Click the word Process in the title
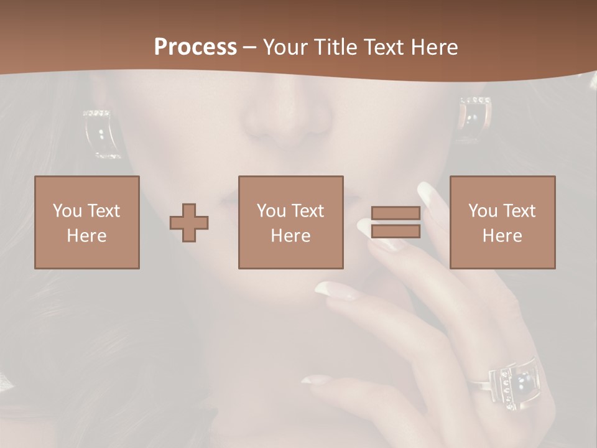195,47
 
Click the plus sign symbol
189,222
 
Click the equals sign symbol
396,222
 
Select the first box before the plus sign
87,222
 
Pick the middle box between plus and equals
290,222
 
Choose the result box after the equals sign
502,222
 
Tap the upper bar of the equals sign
396,213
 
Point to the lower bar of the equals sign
396,231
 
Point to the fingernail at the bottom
314,379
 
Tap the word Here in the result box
502,235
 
